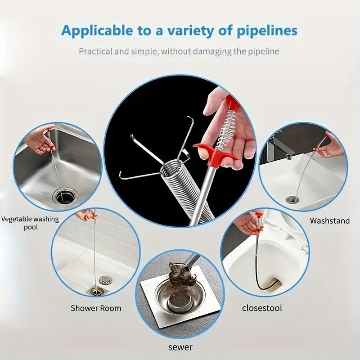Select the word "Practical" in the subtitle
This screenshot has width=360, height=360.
(x=96, y=51)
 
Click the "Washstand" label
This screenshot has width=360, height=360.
(x=330, y=220)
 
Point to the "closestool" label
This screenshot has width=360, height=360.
(x=262, y=308)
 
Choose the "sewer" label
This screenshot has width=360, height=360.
(x=180, y=347)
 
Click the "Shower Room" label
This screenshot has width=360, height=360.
(x=96, y=308)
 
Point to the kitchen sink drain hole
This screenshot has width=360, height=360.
(x=64, y=196)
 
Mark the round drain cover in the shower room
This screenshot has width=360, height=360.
(x=105, y=280)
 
